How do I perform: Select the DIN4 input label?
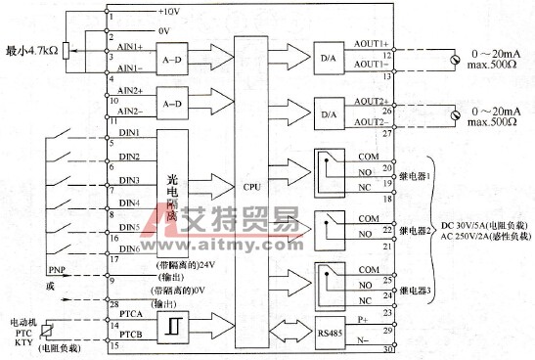[x=129, y=202]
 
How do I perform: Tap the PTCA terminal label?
[x=132, y=313]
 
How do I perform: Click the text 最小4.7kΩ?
[x=30, y=49]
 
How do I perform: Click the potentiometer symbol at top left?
[x=66, y=50]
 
